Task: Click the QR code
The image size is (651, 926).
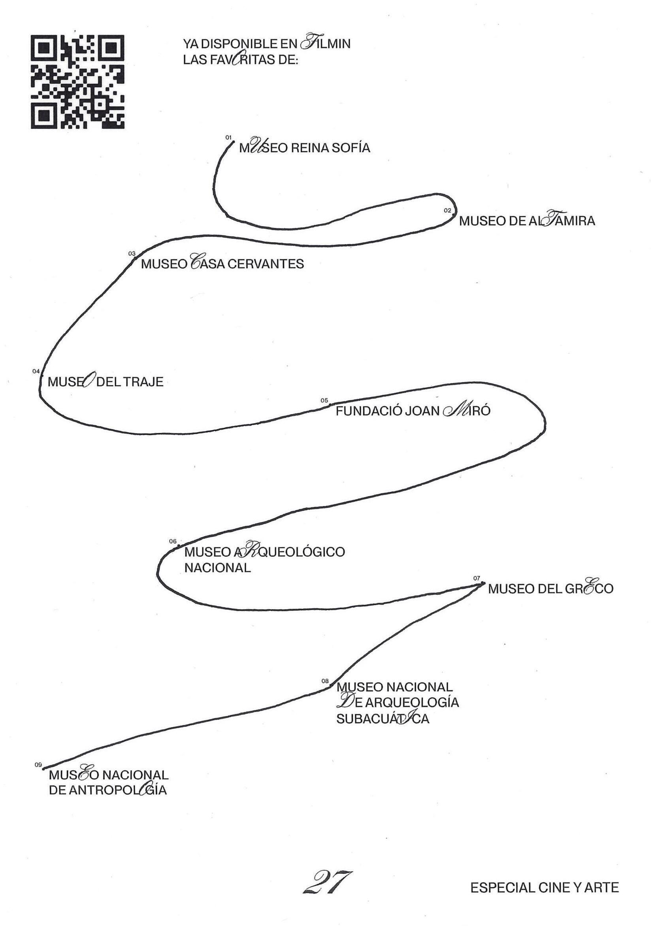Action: tap(77, 82)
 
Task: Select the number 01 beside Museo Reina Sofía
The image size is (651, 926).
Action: tap(229, 138)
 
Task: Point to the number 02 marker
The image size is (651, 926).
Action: tap(447, 210)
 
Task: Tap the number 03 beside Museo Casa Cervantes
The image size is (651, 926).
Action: tap(132, 253)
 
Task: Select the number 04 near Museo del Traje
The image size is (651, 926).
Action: tap(36, 371)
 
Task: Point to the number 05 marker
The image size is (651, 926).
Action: tap(324, 400)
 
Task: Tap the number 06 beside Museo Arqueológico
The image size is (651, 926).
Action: tap(173, 541)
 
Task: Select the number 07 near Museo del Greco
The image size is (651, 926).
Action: tap(477, 578)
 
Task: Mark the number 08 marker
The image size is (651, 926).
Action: tap(325, 681)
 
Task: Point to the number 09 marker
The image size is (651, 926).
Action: tap(38, 764)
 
